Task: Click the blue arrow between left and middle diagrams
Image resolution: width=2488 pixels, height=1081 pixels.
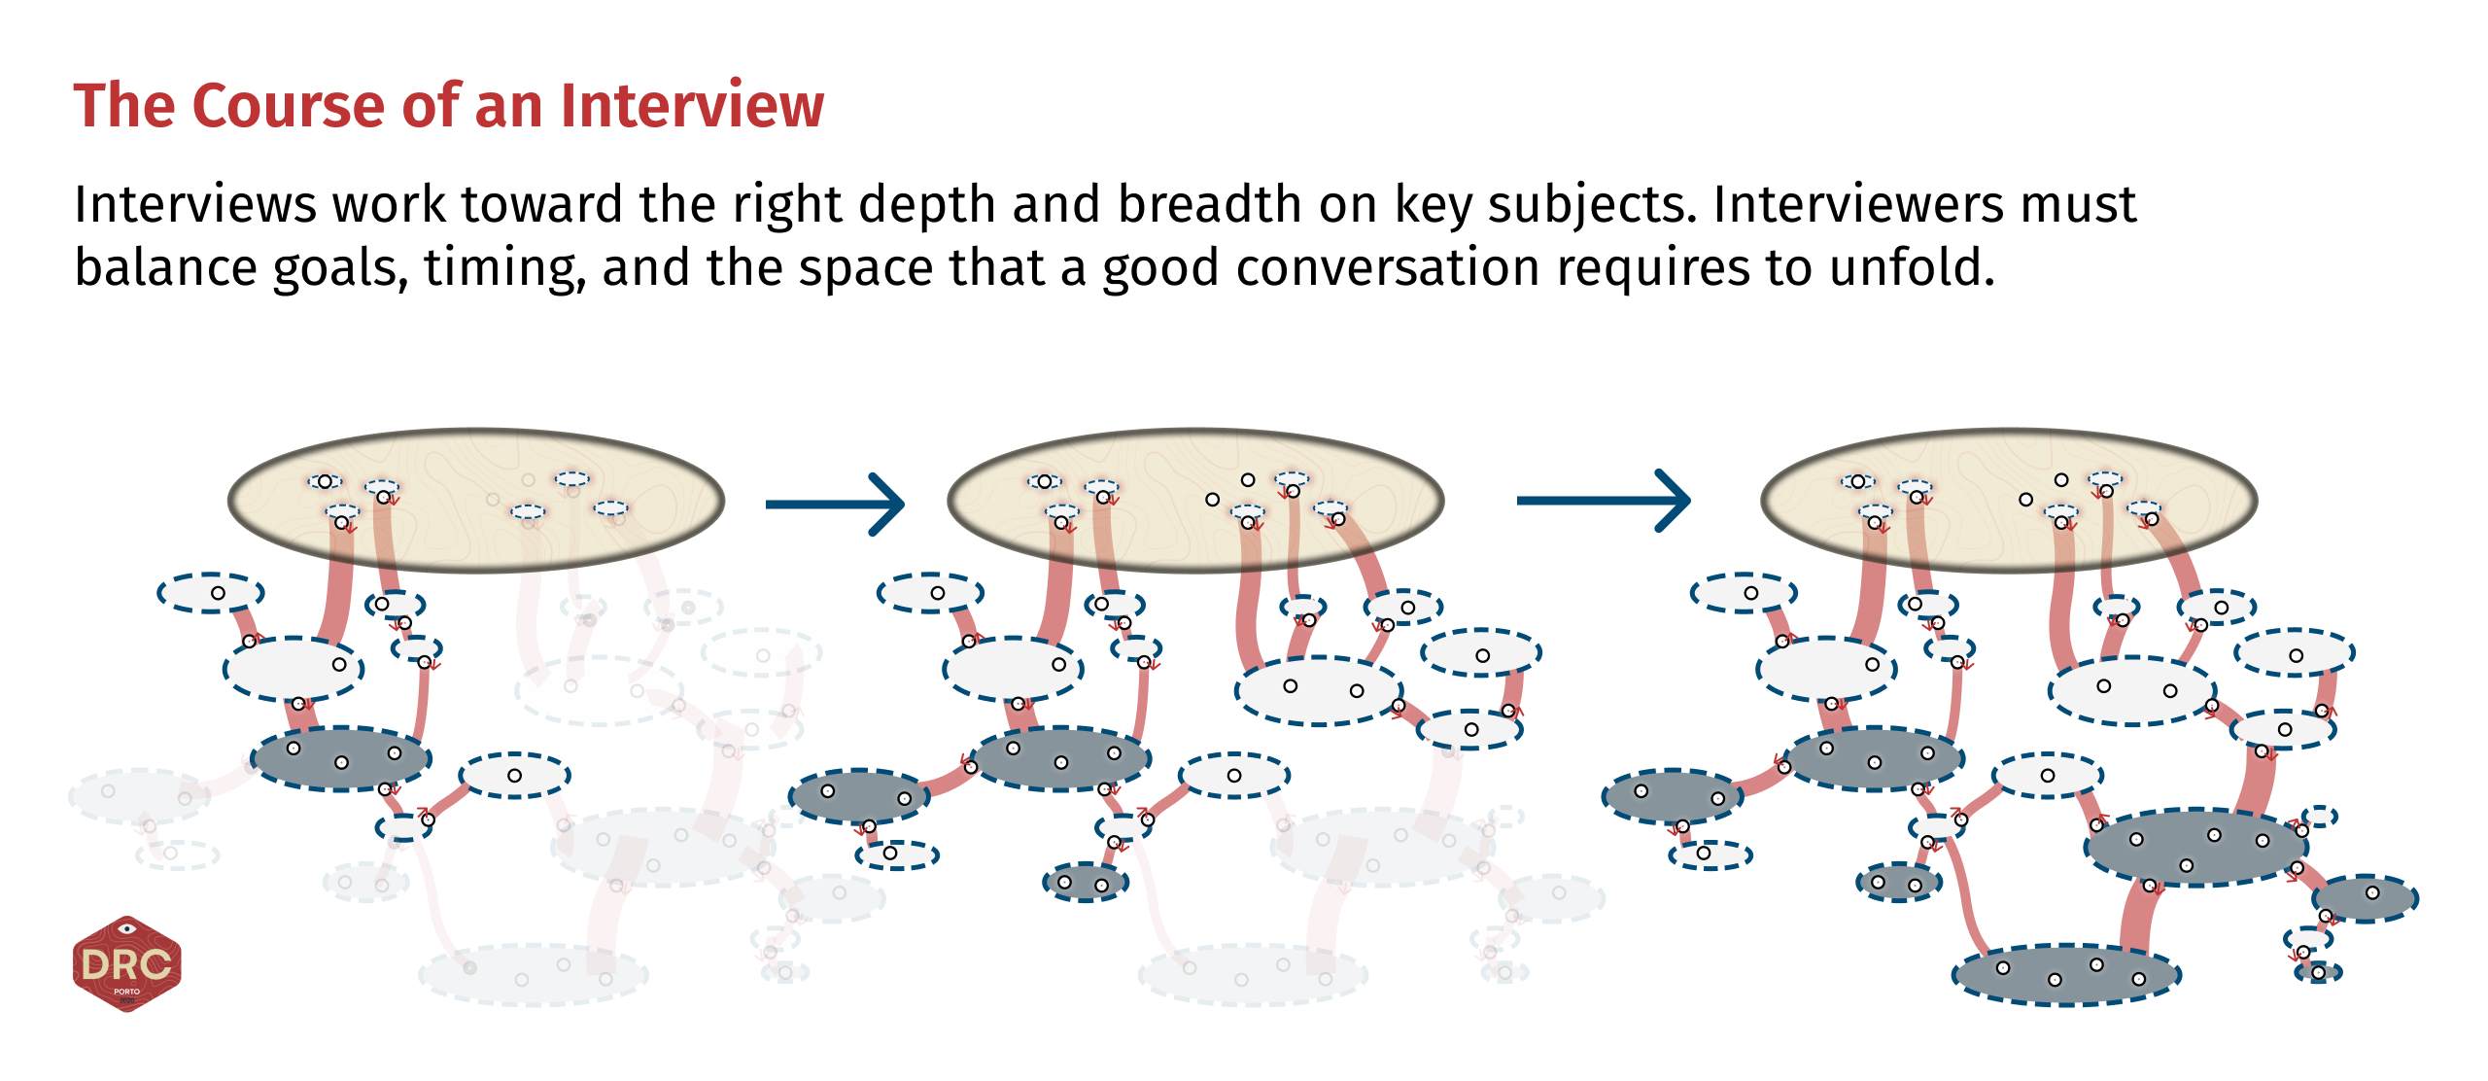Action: (x=835, y=504)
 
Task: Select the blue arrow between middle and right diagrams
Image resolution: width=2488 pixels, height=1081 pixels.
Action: (x=1603, y=501)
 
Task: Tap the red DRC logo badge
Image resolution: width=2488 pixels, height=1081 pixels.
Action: (x=126, y=963)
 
